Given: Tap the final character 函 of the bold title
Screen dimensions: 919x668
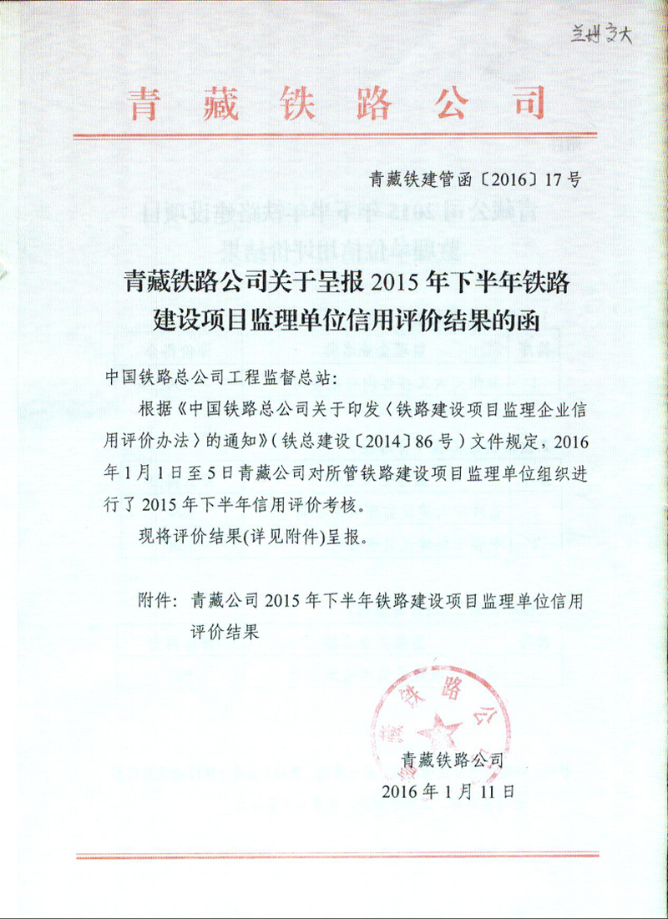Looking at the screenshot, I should point(529,318).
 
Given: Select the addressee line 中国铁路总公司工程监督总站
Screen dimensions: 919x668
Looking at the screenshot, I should point(219,378).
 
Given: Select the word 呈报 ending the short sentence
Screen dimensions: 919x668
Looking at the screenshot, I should point(347,535).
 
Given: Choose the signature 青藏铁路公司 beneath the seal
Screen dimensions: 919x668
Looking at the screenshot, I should point(453,760).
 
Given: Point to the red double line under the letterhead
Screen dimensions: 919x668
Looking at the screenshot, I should point(334,135).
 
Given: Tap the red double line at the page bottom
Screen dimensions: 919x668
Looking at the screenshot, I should point(334,856).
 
